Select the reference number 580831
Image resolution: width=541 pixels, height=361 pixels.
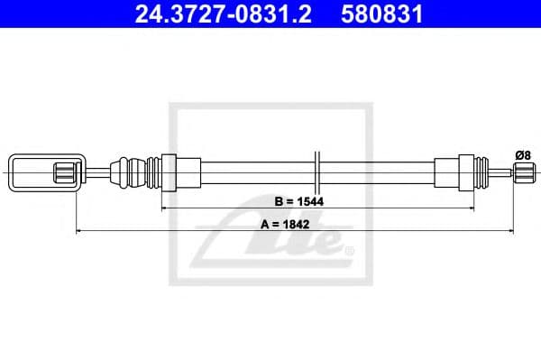coord(381,14)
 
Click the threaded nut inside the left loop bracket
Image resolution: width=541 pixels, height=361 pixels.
coord(65,171)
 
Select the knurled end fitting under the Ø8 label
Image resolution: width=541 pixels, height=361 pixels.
coord(524,171)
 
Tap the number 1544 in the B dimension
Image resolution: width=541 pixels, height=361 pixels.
coord(312,201)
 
